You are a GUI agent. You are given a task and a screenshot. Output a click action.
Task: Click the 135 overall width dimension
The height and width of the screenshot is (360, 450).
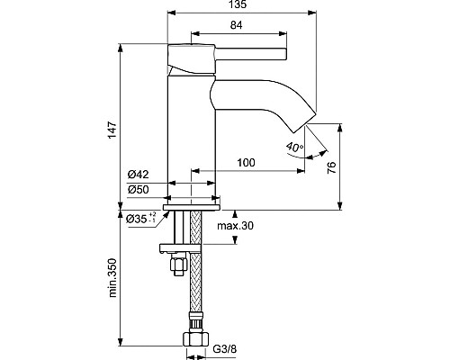pos(239,4)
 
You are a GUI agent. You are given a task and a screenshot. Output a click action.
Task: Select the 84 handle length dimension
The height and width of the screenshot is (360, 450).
pos(237,25)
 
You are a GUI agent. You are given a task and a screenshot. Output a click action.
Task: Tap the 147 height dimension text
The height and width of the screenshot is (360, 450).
pos(112,130)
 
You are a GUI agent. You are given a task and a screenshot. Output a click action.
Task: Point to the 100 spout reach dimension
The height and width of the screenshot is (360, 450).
pos(246,163)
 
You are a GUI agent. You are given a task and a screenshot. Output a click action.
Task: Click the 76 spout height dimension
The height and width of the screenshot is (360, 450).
pos(332,167)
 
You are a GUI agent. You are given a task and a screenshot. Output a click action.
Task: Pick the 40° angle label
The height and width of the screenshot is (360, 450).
pos(294,147)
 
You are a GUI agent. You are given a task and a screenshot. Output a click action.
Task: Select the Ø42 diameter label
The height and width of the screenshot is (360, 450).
pos(138,174)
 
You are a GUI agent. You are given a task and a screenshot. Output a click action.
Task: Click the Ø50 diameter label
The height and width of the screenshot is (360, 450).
pos(138,190)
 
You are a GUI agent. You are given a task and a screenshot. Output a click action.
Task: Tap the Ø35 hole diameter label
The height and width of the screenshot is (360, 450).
pos(141,218)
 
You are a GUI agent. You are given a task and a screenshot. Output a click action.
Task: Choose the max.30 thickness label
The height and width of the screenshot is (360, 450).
pos(235,225)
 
